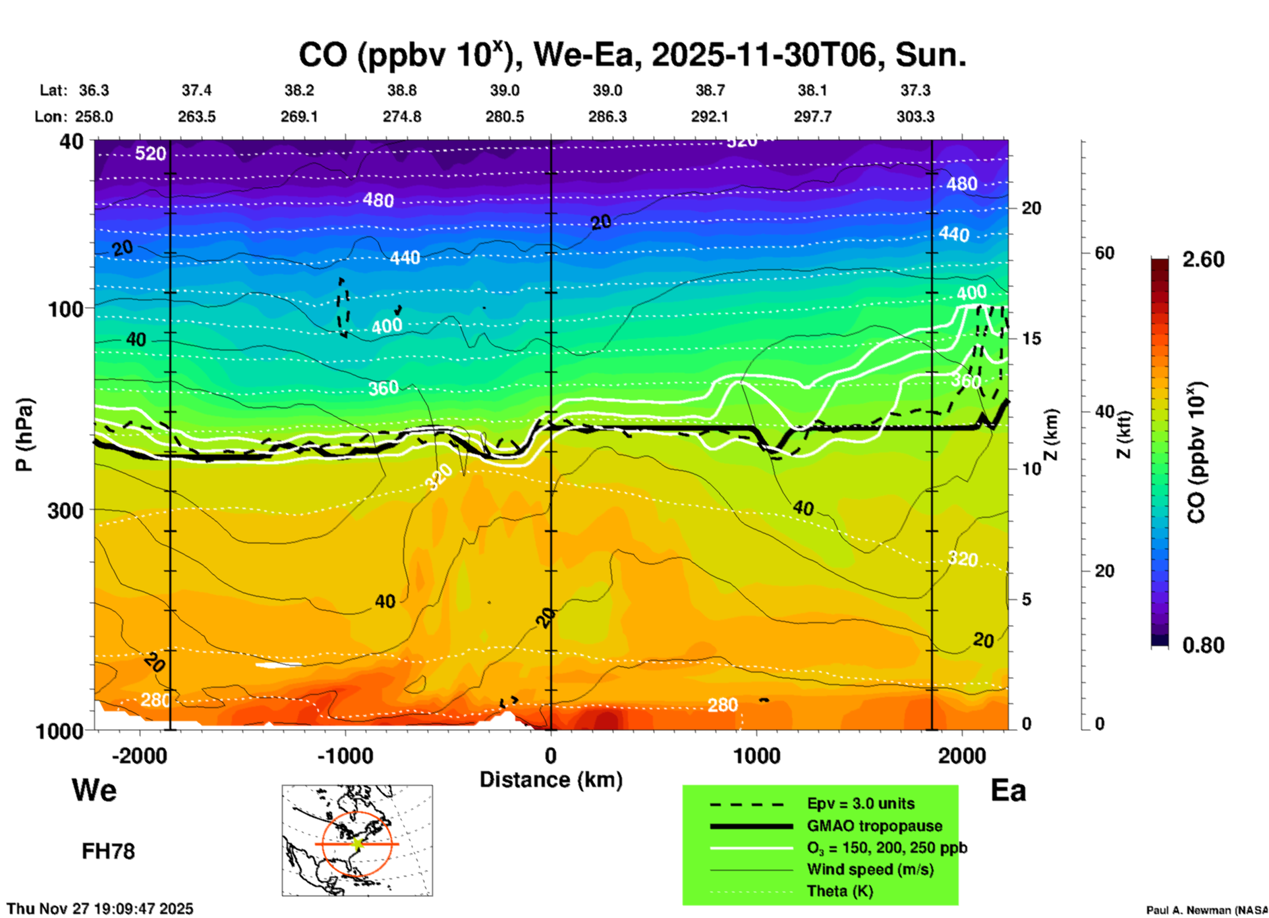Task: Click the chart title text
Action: coord(633,55)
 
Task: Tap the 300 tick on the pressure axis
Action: coord(65,510)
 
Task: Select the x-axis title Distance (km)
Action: coord(551,780)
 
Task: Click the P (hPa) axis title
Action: coord(24,435)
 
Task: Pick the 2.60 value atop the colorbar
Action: coord(1203,259)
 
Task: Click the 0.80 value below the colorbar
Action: coord(1203,645)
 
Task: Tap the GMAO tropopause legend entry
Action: coord(874,826)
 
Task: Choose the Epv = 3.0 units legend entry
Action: coord(860,803)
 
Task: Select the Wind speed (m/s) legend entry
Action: coord(870,869)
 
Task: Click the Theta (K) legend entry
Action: coord(840,891)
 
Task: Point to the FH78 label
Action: coord(108,851)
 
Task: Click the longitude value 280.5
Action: coord(505,117)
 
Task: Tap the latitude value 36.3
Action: coord(94,90)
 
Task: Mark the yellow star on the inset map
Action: coord(357,843)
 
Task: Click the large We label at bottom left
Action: coord(94,790)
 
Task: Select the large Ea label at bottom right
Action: coord(1008,790)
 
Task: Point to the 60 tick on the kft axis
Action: coord(1104,253)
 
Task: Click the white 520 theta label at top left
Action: coord(150,154)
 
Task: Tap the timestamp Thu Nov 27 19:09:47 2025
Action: coord(100,909)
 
